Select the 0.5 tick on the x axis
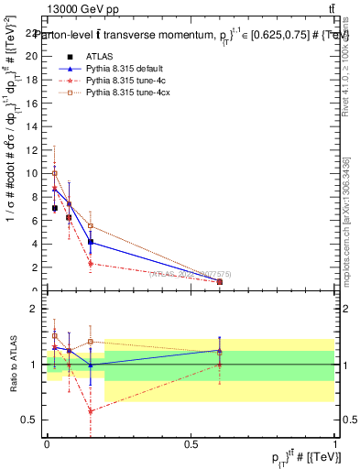[191, 444]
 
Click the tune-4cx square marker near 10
[55, 173]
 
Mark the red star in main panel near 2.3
[91, 264]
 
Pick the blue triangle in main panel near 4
[91, 242]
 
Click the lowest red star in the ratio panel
[91, 411]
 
